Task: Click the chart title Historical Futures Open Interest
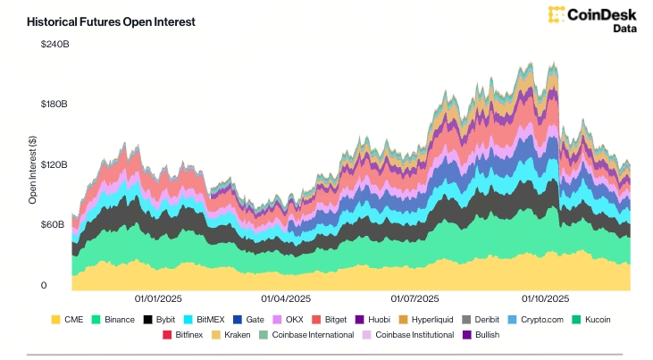click(x=111, y=21)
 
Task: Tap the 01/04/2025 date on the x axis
click(x=286, y=298)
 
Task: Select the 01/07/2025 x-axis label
click(x=415, y=298)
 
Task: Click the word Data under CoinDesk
click(x=625, y=29)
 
